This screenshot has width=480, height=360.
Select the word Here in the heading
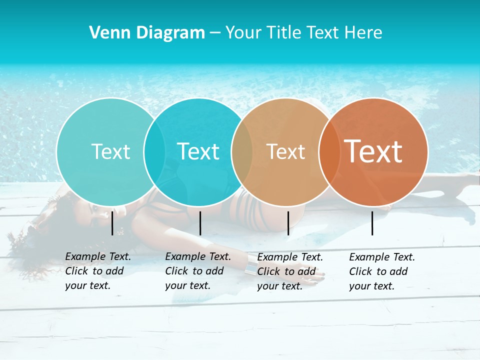pos(364,33)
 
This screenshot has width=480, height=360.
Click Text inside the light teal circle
pos(110,151)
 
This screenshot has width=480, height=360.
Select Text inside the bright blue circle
pos(198,151)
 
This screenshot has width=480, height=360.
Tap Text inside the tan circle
pos(285,151)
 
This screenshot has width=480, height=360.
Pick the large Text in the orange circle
pos(373,151)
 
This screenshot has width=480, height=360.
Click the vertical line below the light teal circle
pos(112,223)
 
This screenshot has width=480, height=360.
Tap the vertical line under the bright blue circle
pos(200,223)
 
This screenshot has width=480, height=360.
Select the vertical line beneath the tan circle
pos(288,223)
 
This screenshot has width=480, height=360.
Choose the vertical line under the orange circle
pos(372,223)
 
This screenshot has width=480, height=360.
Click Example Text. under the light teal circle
pos(98,256)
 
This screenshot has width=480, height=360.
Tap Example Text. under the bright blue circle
pos(198,256)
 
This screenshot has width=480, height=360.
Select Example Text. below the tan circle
pos(290,257)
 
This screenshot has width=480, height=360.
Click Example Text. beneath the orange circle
pos(382,257)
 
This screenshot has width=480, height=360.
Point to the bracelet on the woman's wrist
pos(248,270)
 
